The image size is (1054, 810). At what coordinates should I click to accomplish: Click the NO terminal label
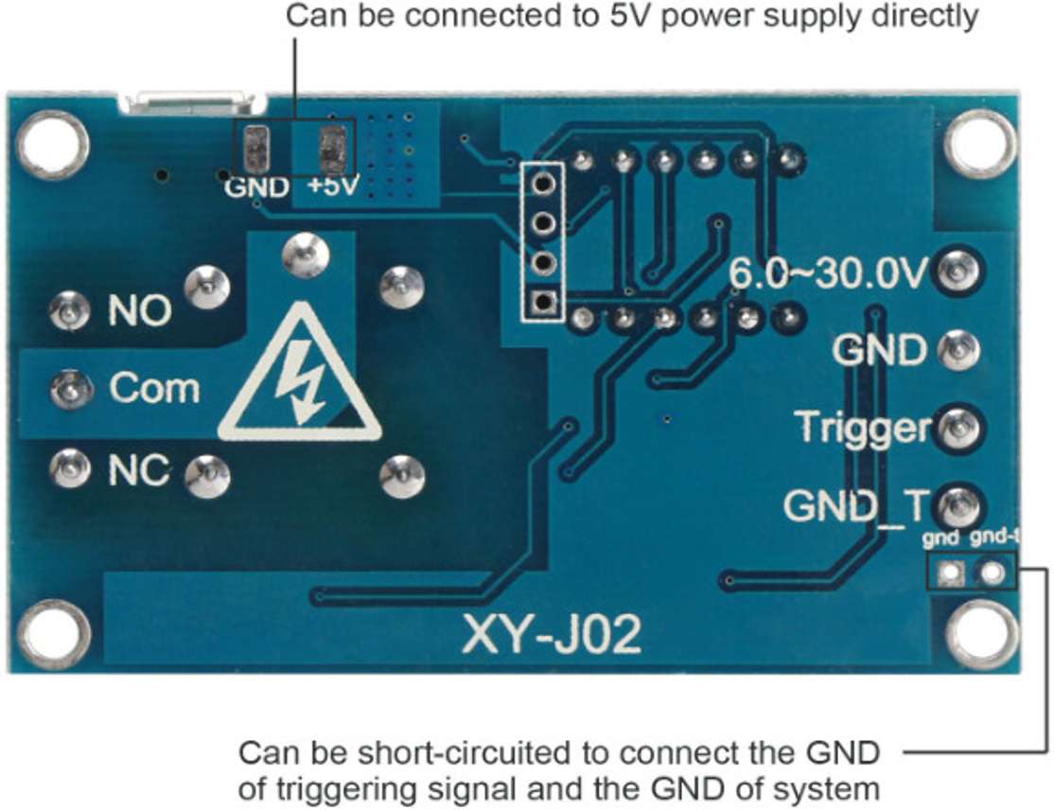pyautogui.click(x=139, y=309)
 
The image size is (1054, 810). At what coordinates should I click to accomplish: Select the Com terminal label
pyautogui.click(x=154, y=388)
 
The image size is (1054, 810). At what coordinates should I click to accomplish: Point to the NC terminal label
pyautogui.click(x=138, y=468)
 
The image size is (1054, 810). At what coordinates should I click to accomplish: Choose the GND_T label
pyautogui.click(x=856, y=506)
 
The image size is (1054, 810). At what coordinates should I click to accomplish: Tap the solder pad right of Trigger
pyautogui.click(x=959, y=427)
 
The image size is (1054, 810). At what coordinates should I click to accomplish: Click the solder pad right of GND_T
pyautogui.click(x=959, y=504)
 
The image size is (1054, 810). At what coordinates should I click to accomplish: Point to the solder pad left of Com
pyautogui.click(x=67, y=387)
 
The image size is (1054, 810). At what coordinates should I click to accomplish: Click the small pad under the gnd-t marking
pyautogui.click(x=993, y=572)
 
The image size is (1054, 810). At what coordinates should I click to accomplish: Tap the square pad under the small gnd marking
pyautogui.click(x=949, y=572)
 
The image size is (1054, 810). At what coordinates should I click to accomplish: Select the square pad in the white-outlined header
pyautogui.click(x=542, y=303)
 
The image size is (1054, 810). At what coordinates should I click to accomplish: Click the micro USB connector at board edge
pyautogui.click(x=192, y=98)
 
